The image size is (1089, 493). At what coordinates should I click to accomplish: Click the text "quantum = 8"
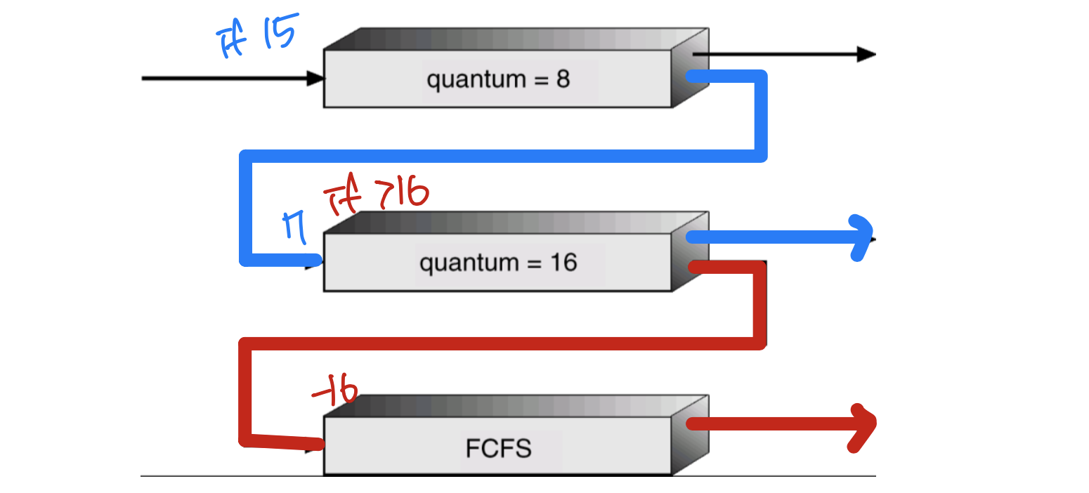[x=498, y=79]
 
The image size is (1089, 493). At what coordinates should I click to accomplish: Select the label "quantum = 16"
[x=498, y=263]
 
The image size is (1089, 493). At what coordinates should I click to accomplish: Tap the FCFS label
[x=498, y=448]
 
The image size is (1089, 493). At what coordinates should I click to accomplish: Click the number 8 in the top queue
[x=563, y=79]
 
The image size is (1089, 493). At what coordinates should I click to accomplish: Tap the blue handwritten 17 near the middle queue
[x=295, y=228]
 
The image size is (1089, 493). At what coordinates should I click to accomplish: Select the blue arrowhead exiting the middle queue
[x=861, y=238]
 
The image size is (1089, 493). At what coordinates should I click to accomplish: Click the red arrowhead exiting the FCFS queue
[x=863, y=423]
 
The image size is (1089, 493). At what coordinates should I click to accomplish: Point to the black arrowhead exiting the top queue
[x=866, y=54]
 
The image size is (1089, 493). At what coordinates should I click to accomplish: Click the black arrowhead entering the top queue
[x=315, y=79]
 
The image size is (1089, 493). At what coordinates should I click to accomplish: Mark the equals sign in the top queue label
[x=539, y=79]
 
